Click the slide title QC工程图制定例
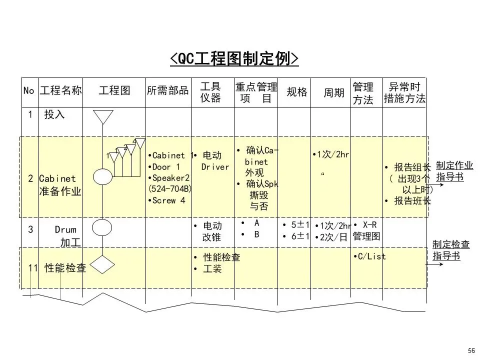234,59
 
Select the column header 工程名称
60,90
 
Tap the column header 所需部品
167,90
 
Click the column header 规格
296,91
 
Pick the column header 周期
334,92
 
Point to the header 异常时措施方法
404,92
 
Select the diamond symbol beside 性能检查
103,264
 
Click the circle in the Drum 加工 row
102,228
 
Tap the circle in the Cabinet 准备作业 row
102,176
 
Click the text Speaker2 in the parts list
170,178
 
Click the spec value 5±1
298,224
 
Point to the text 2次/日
332,237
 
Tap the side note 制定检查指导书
450,250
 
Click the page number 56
470,350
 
